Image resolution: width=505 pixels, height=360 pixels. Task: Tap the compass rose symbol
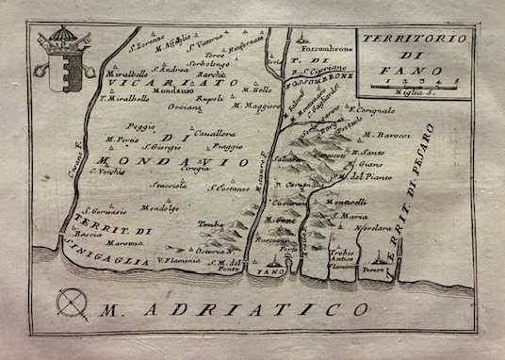(x=72, y=303)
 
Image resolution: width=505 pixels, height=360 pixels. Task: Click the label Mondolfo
(x=159, y=207)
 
